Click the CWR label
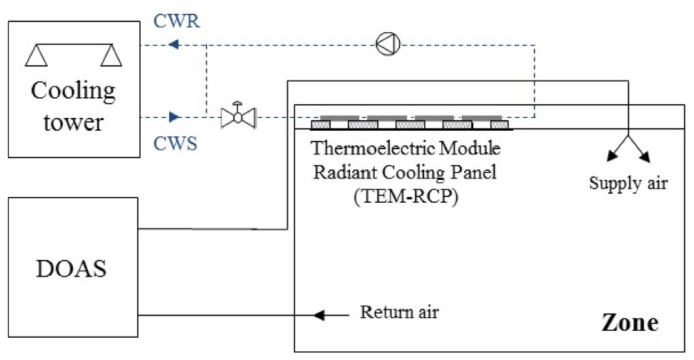click(176, 21)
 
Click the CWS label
click(175, 144)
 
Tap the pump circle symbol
click(388, 44)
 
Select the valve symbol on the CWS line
click(238, 116)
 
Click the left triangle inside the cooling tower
click(36, 55)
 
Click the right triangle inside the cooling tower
click(111, 55)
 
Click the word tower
click(74, 121)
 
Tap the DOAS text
click(71, 269)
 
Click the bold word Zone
click(630, 322)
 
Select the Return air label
click(399, 311)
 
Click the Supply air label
click(628, 183)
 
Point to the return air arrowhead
click(318, 315)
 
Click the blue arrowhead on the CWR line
click(173, 44)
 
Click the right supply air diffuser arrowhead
click(645, 156)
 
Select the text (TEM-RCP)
click(406, 196)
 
